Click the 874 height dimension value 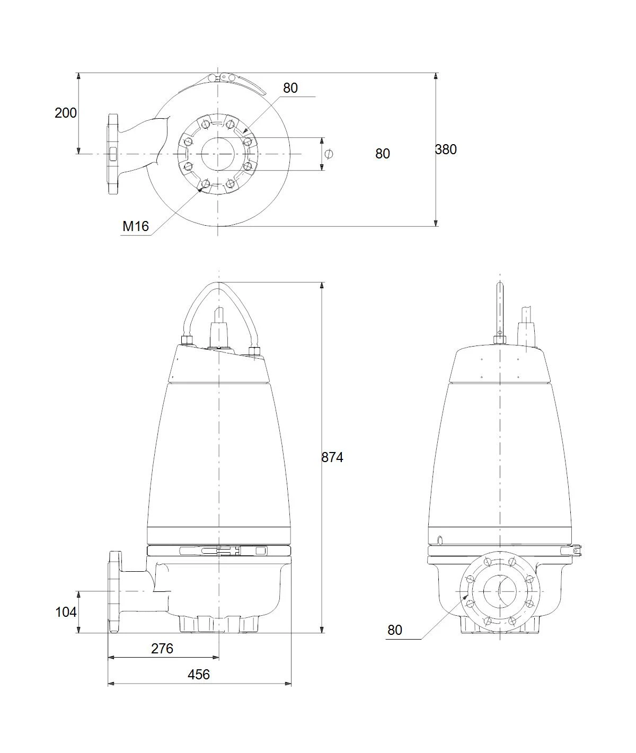coord(332,457)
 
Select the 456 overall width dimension coord(198,675)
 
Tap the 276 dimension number coord(162,649)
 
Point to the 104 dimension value coord(66,612)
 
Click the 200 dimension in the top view coord(66,113)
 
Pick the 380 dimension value coord(446,149)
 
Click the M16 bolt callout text coord(136,226)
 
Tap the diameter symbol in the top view coord(329,154)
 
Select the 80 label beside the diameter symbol coord(382,154)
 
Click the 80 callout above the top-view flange coord(290,88)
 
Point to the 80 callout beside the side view coord(395,630)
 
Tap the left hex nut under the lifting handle coord(187,341)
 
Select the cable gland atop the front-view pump coord(219,328)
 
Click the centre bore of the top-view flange coord(218,154)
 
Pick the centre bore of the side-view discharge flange coord(500,592)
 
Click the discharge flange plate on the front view coord(114,592)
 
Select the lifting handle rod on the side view coord(500,309)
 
